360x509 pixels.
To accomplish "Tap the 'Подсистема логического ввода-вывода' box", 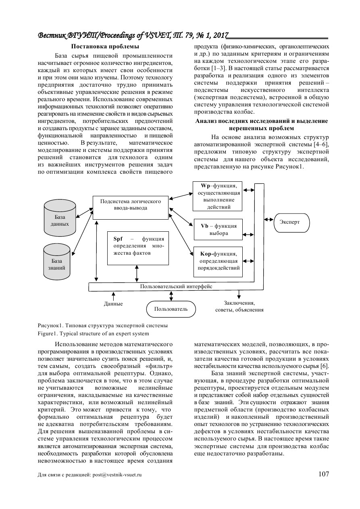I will click(x=131, y=208).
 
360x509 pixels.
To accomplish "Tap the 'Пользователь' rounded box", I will click(x=171, y=310).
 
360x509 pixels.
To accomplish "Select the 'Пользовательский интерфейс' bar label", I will click(x=176, y=287).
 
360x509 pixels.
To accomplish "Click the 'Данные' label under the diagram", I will click(x=113, y=303).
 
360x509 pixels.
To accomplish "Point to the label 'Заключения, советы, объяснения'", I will click(x=239, y=306).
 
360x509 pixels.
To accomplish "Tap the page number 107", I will click(x=323, y=474).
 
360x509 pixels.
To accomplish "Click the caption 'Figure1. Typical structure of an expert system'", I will click(x=93, y=334).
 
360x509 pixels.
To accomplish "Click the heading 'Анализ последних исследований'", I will click(x=261, y=121).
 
